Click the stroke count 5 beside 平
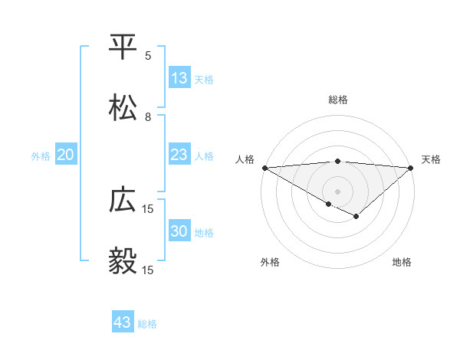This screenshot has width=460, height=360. tap(148, 56)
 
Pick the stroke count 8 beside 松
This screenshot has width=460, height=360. tap(148, 117)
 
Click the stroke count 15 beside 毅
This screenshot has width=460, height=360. tap(148, 270)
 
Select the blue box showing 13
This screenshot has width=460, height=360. tap(179, 78)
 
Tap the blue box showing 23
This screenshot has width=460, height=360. tap(179, 155)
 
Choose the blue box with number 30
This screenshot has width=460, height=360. tap(179, 231)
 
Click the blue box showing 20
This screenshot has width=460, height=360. tap(66, 155)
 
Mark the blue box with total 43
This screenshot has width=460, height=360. tap(123, 322)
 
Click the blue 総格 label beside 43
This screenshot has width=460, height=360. tap(147, 324)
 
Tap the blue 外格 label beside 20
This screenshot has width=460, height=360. tap(41, 156)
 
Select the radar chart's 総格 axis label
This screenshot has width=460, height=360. tap(338, 100)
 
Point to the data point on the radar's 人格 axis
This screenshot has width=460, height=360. tap(264, 168)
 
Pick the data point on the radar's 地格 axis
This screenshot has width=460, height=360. tap(356, 217)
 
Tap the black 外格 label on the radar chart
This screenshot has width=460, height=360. tap(270, 262)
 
